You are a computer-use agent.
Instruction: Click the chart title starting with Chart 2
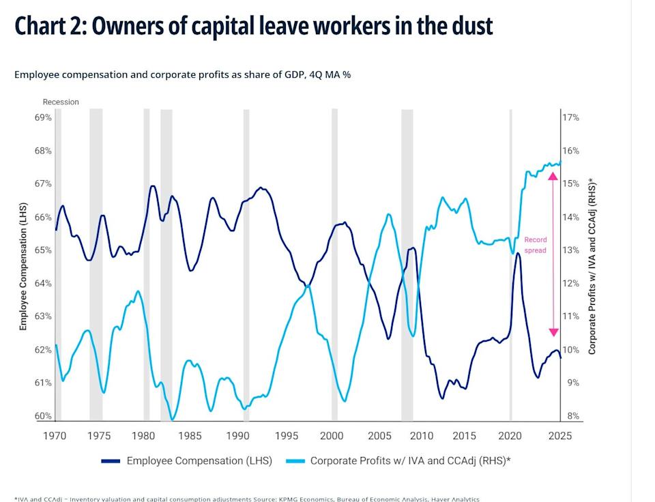[253, 26]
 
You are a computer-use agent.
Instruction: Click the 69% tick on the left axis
[43, 117]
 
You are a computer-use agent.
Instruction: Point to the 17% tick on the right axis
[570, 117]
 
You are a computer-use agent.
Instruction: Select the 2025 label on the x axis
[559, 435]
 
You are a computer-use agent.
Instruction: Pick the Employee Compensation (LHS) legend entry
[199, 460]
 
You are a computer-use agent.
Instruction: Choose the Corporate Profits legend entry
[410, 460]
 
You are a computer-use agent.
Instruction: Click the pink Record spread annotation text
[535, 245]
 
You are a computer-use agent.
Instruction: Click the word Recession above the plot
[61, 102]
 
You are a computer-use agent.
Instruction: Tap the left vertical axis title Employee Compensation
[23, 267]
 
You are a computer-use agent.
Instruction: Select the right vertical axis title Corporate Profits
[592, 267]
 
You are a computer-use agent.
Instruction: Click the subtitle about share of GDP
[182, 74]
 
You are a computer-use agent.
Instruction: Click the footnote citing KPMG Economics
[246, 499]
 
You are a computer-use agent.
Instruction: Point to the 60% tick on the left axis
[43, 416]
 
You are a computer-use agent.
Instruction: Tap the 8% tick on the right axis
[570, 416]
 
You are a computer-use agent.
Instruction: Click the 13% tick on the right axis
[570, 250]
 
